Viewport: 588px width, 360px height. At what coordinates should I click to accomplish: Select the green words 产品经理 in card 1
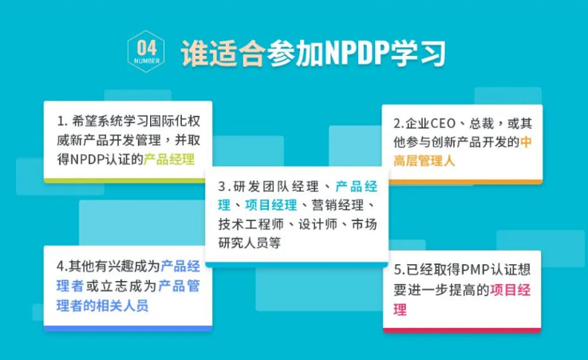click(x=169, y=159)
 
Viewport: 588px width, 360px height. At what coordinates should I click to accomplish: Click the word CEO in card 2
click(x=445, y=124)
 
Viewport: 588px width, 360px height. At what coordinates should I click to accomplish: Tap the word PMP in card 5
click(x=471, y=270)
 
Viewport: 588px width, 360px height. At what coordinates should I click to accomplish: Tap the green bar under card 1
click(x=128, y=180)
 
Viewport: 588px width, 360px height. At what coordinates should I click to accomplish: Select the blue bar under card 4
click(x=128, y=327)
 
